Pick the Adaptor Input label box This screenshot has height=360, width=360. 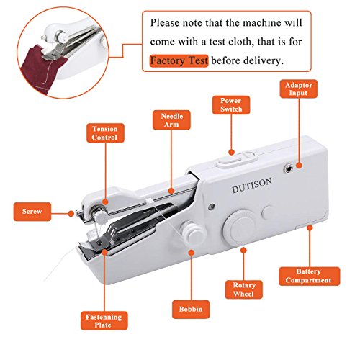[296, 91]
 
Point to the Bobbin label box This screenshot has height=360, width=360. [191, 308]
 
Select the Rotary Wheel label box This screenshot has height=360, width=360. [243, 290]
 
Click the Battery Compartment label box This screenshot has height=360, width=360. [305, 274]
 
